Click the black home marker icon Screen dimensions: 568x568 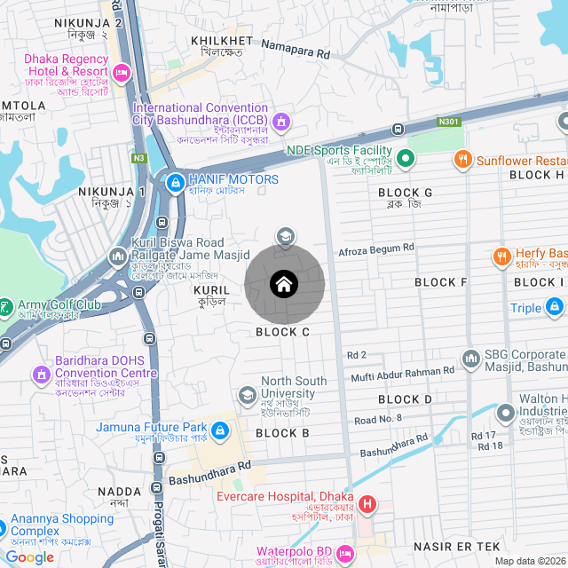point(284,285)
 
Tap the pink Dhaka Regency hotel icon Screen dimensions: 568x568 point(122,71)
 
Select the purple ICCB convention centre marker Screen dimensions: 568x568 point(281,120)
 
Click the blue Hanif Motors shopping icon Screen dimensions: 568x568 point(176,183)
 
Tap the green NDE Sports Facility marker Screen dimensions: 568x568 point(406,160)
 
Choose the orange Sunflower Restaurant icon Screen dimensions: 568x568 point(461,161)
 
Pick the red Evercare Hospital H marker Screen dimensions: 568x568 point(367,506)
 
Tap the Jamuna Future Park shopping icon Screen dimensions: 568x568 point(219,432)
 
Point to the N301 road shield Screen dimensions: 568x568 point(449,121)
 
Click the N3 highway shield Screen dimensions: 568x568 point(138,159)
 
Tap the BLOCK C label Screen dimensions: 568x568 point(282,332)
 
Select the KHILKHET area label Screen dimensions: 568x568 point(222,41)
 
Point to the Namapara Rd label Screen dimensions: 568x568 point(296,54)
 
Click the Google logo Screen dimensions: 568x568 point(29,557)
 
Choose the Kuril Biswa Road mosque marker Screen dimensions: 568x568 point(117,257)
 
